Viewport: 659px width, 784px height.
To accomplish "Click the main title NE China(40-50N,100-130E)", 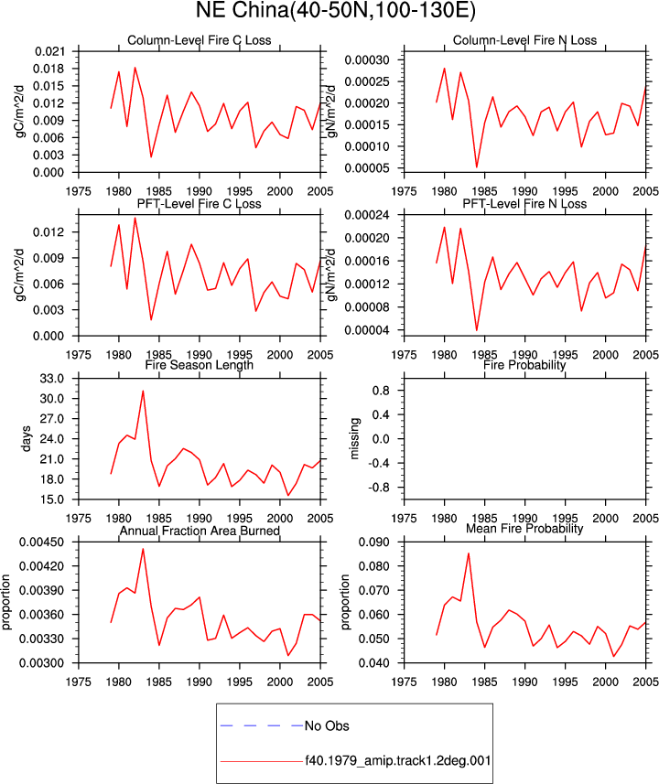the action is (335, 10).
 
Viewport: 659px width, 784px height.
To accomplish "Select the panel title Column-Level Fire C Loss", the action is (200, 40).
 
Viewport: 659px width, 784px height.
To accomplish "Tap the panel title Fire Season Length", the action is (200, 365).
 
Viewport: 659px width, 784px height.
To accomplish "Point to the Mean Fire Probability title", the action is (524, 529).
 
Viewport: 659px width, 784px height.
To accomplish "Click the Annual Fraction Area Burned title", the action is (200, 531).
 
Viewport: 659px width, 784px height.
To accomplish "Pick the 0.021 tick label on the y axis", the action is (49, 51).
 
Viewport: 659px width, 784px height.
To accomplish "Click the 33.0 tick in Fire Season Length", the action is (52, 379).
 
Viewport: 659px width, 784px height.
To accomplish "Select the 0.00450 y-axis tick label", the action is (41, 542).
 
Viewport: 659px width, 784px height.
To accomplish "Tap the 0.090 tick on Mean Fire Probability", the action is (374, 542).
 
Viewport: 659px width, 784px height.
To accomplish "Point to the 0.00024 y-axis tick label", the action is (367, 215).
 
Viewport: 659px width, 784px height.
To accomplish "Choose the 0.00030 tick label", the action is (367, 60).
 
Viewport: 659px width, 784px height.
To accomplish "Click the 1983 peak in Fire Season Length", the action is (143, 391).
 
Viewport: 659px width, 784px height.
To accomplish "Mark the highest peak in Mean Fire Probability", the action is (469, 553).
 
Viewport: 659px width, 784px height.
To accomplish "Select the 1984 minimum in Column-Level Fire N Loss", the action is (476, 167).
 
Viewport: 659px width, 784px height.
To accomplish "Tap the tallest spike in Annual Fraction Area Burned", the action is (143, 549).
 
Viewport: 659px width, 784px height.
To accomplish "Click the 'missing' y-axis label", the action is (355, 438).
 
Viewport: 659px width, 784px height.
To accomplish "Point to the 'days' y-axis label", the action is (27, 438).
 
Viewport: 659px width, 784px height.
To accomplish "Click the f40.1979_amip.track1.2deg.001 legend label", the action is (398, 761).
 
